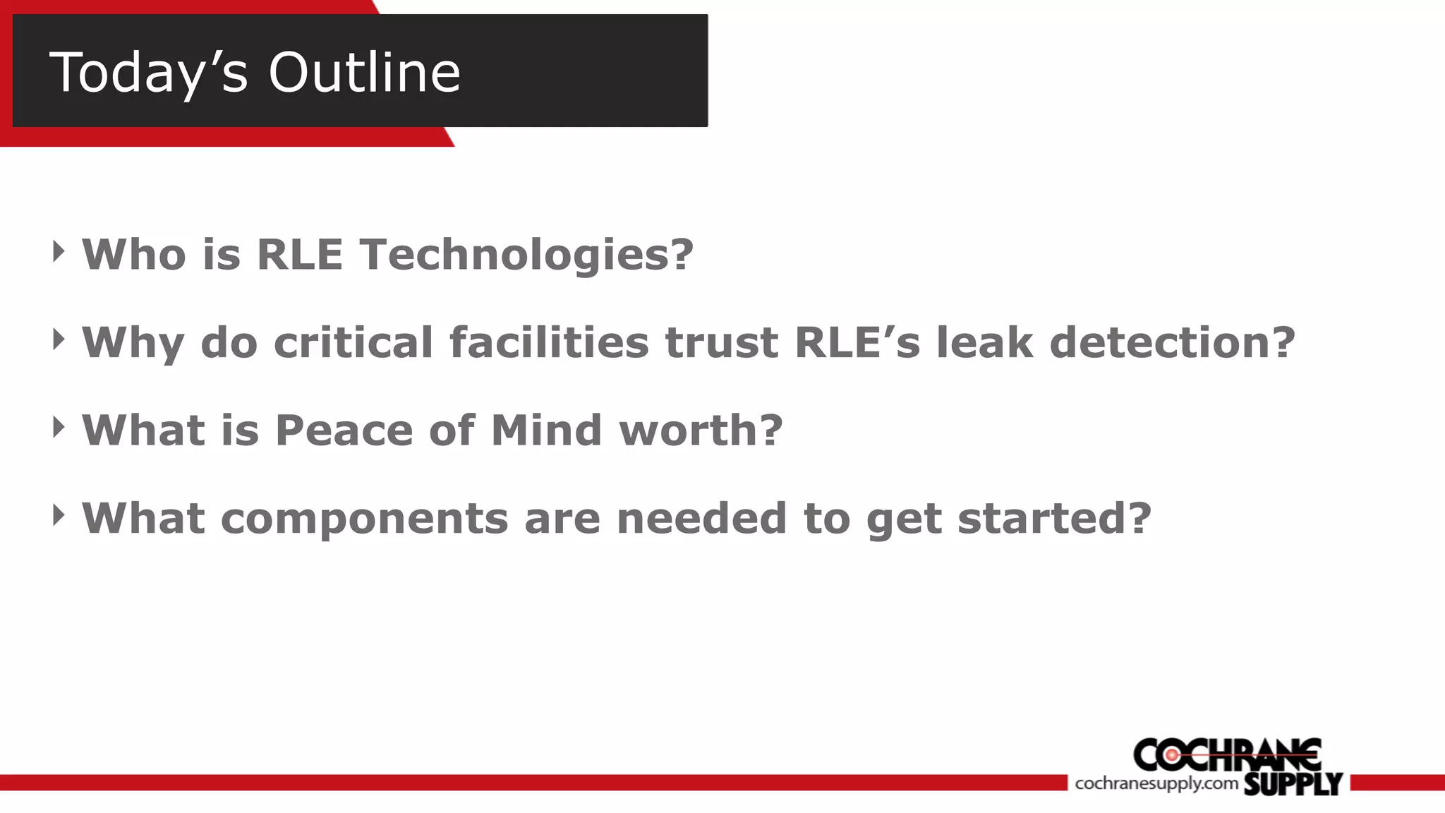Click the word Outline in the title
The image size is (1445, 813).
[364, 72]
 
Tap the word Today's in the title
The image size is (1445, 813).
[149, 73]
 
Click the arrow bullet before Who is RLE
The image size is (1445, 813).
[59, 251]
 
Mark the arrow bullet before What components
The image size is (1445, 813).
[59, 515]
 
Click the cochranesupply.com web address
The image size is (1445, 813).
[1156, 783]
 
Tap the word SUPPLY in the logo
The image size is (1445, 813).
[1293, 783]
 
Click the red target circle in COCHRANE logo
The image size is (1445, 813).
[1171, 755]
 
